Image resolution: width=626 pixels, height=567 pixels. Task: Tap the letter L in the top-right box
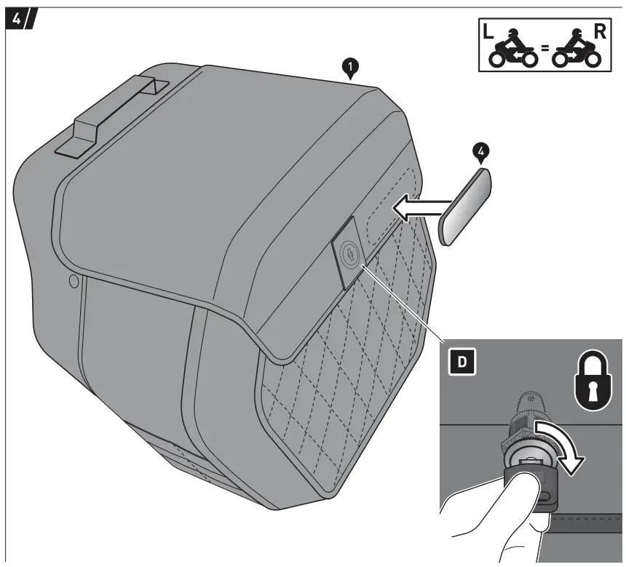[490, 33]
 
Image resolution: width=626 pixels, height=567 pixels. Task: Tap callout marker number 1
[352, 67]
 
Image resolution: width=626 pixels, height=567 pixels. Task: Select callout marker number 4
[480, 151]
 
